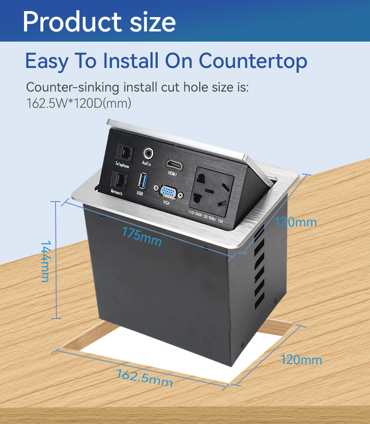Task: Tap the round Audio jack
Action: pos(148,154)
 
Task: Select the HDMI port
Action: pos(174,164)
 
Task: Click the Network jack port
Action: pos(119,179)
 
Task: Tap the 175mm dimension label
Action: pos(142,236)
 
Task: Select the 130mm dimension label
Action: pos(296,222)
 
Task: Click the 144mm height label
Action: pos(45,262)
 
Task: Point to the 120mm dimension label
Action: pos(301,360)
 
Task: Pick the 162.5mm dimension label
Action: pos(144,378)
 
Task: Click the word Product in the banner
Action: pos(72,22)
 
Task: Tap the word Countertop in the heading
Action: pos(253,61)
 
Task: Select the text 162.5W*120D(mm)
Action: pos(79,103)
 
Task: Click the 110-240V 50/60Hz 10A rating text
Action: pos(205,216)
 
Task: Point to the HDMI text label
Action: pos(173,173)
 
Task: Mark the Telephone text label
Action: pos(122,165)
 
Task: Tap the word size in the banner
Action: pos(153,22)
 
